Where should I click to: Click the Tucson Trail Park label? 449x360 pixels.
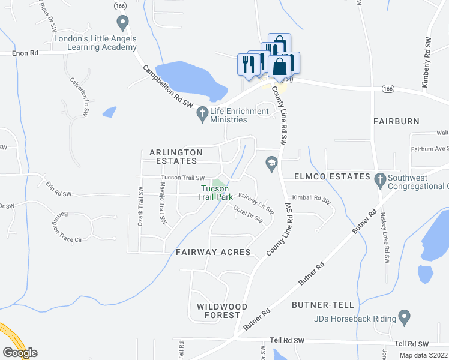click(214, 193)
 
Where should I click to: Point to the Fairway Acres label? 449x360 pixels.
click(213, 252)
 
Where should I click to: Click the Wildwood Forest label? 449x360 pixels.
click(222, 311)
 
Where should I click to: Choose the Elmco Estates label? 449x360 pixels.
click(331, 176)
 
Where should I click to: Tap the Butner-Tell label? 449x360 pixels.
click(319, 305)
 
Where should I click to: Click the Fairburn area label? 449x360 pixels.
click(396, 121)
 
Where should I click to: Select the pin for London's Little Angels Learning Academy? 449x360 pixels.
click(123, 24)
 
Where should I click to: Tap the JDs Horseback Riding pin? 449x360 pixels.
click(404, 316)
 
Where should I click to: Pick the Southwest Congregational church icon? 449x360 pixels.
click(379, 178)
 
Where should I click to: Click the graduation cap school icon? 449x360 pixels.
click(271, 163)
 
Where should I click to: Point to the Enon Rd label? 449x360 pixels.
click(25, 53)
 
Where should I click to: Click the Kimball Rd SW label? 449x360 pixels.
click(312, 198)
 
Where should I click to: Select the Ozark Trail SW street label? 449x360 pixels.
click(140, 205)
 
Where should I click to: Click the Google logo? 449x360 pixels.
click(20, 353)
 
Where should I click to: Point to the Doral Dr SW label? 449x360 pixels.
click(250, 215)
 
